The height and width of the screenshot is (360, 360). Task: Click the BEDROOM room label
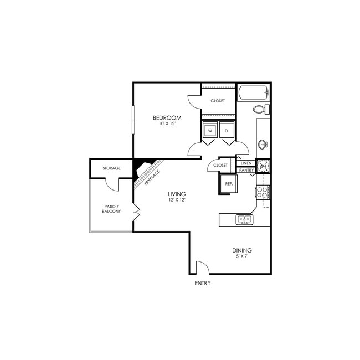click(167, 118)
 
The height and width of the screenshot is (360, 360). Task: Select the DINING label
click(242, 250)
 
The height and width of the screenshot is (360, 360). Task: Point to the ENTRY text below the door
click(203, 283)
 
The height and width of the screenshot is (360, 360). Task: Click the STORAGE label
click(112, 168)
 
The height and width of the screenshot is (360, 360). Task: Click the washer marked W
click(209, 131)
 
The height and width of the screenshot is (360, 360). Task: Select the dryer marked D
click(227, 131)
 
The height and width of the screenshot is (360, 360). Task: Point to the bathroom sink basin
click(263, 145)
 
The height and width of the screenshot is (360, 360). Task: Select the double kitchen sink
click(245, 219)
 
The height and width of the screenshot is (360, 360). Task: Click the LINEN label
click(246, 163)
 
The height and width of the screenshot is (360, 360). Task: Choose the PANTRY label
click(246, 171)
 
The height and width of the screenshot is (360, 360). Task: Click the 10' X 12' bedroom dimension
click(167, 124)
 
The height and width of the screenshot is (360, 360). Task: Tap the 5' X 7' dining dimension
click(242, 256)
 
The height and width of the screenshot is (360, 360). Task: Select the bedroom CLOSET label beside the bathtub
click(218, 101)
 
